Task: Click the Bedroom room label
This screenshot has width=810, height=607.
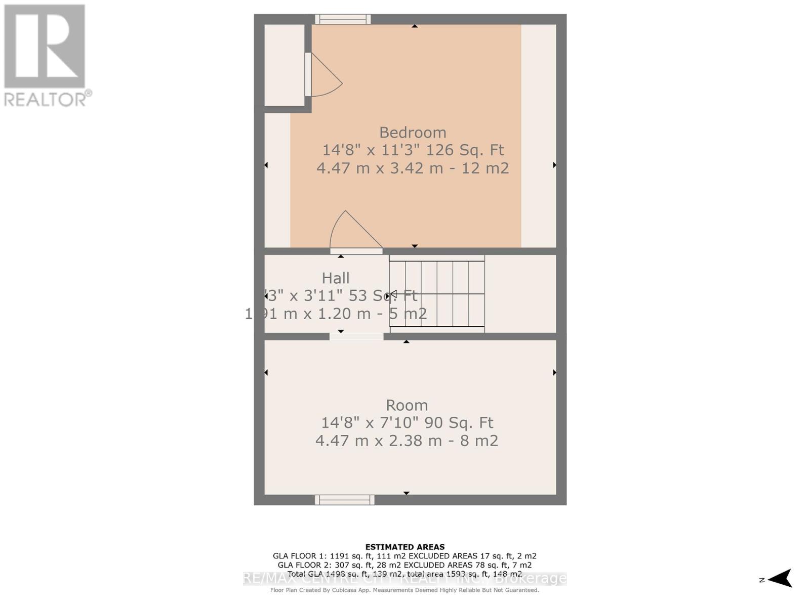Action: point(413,133)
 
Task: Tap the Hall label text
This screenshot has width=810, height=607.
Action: point(336,278)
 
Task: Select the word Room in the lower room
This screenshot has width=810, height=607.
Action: point(407,405)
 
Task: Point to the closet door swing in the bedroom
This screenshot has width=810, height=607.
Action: point(324,76)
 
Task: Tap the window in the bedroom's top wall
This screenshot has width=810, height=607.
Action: point(343,19)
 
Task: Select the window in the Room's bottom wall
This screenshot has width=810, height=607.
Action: point(344,500)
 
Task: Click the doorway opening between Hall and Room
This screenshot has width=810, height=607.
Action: point(356,336)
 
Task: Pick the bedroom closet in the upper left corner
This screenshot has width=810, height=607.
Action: point(284,65)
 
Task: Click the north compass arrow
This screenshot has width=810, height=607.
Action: point(780,579)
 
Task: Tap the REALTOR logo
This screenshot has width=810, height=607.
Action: point(46,56)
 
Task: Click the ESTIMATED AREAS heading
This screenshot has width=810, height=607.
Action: point(405,547)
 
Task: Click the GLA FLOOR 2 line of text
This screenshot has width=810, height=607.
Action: point(405,565)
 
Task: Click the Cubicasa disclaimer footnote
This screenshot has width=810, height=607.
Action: point(405,590)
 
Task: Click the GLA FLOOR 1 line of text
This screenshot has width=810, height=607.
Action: point(405,556)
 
